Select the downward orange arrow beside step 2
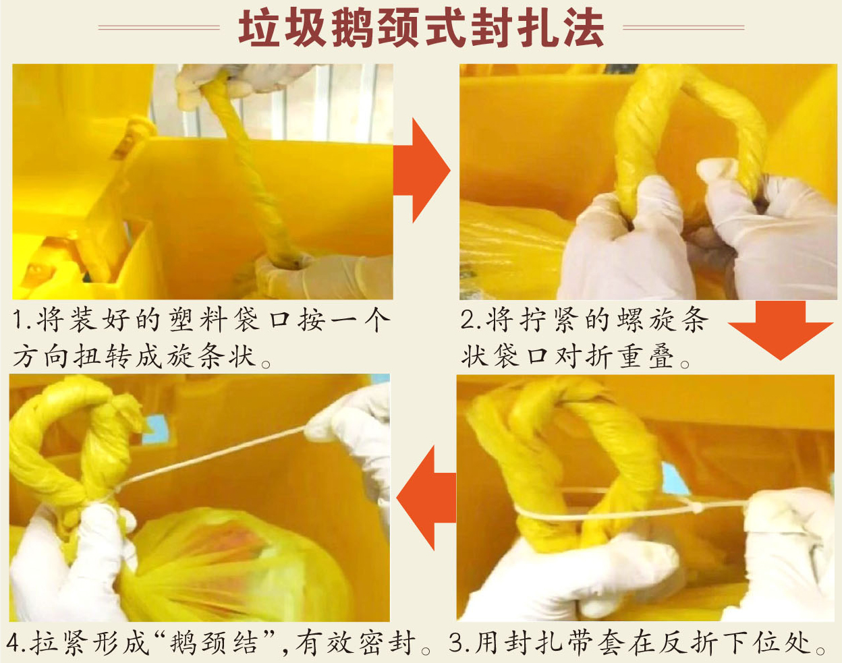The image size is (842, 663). point(780,330)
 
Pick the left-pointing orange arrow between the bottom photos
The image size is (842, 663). point(426,498)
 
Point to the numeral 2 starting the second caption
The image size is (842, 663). point(468,319)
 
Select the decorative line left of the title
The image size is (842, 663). point(159,28)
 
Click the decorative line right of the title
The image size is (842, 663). point(683,28)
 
